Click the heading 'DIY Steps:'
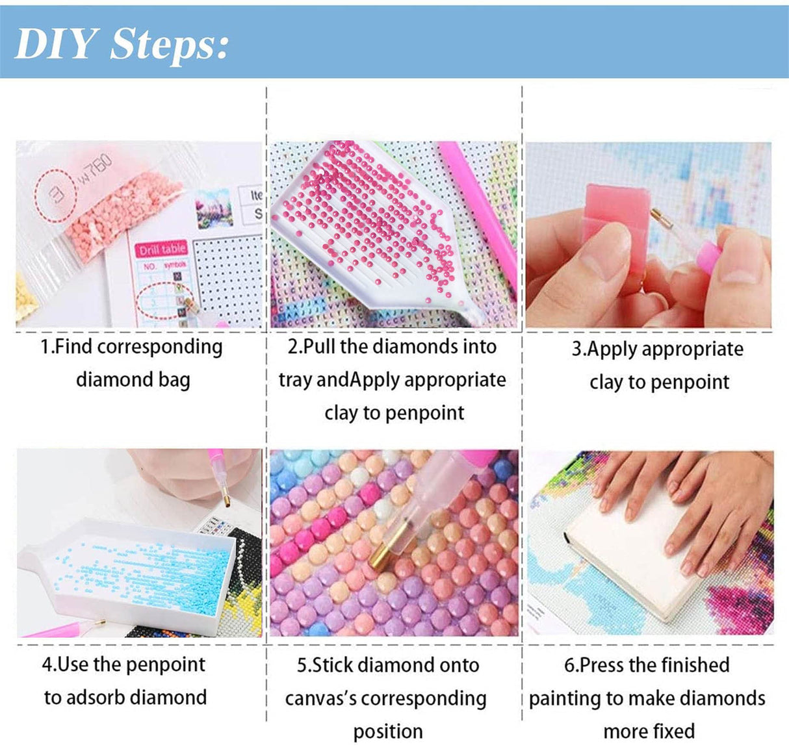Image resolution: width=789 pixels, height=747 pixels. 122,44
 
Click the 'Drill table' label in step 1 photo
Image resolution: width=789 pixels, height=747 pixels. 162,249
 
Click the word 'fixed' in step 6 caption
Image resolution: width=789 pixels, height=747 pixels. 675,731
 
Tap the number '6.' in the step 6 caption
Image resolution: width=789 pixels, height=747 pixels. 571,665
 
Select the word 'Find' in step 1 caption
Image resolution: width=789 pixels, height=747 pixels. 73,347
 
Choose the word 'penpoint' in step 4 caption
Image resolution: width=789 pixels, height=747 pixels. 165,665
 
